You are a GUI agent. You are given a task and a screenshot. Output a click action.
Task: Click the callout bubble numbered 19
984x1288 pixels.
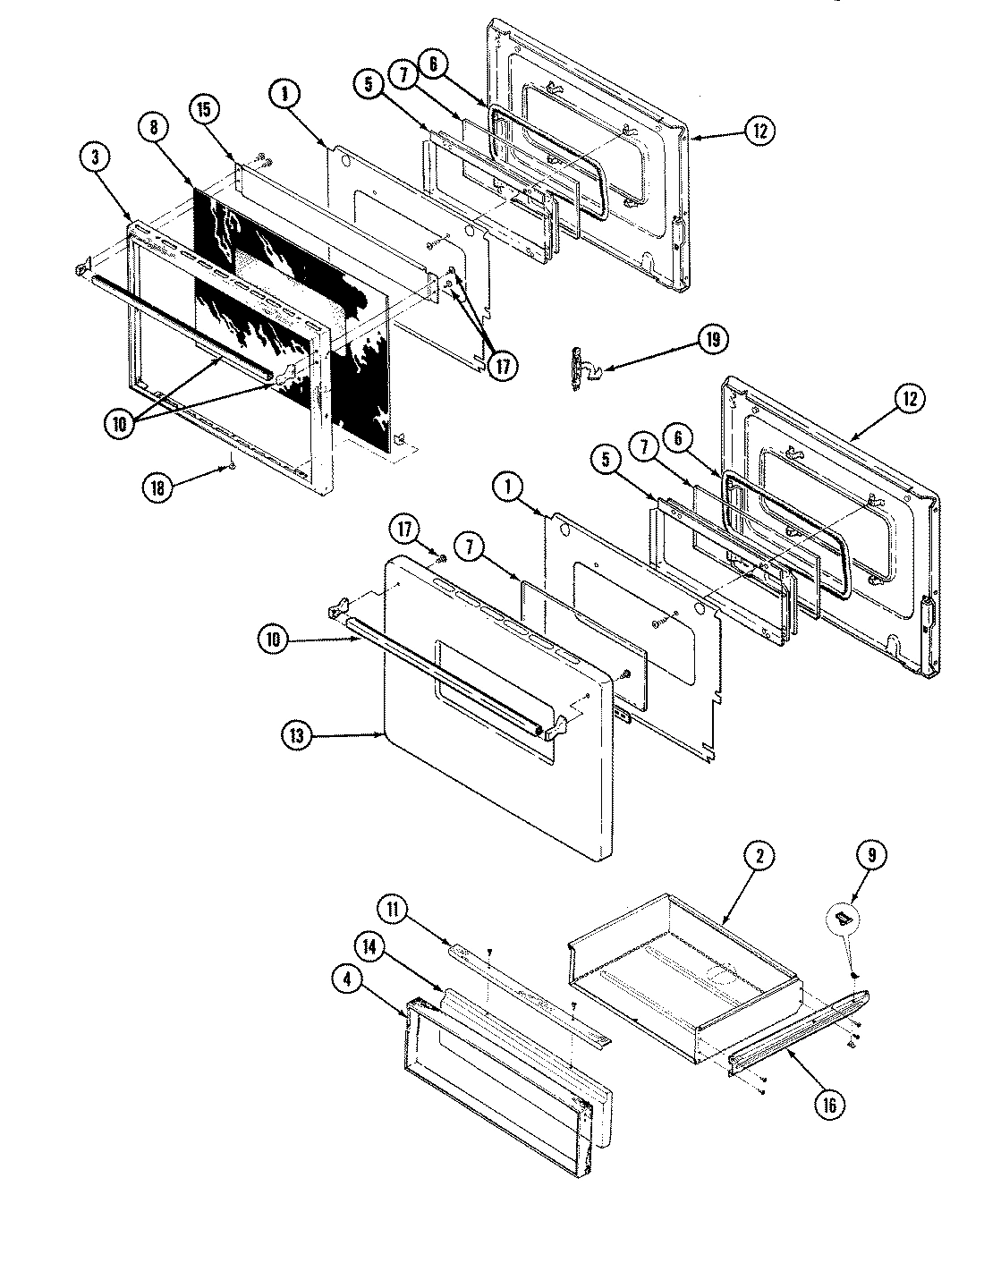pyautogui.click(x=714, y=341)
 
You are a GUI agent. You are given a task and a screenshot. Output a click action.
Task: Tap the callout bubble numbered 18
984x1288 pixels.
pyautogui.click(x=157, y=487)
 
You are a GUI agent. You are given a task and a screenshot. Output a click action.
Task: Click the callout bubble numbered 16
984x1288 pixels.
pyautogui.click(x=827, y=1105)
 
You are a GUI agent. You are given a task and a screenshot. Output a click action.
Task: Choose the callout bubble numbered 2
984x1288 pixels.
pyautogui.click(x=758, y=856)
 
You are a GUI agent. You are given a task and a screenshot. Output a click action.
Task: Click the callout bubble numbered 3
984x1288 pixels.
pyautogui.click(x=96, y=157)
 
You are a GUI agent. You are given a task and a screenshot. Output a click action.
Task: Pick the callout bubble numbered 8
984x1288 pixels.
pyautogui.click(x=154, y=128)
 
